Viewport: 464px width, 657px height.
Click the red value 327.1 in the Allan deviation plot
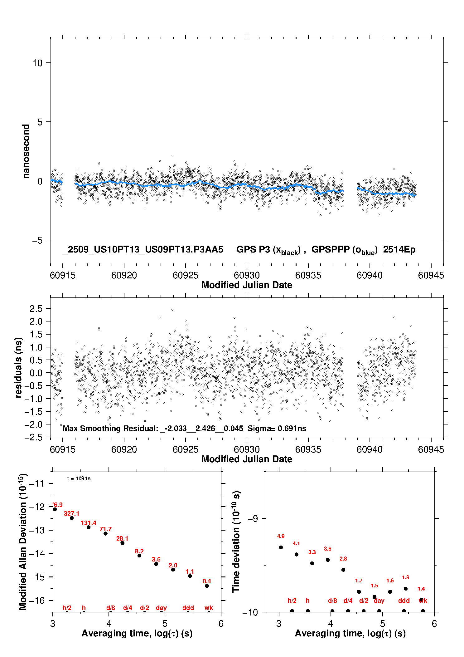(71, 513)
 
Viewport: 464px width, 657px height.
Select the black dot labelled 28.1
(122, 543)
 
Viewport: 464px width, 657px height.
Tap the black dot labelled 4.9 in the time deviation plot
(281, 547)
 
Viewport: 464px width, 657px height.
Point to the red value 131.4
(89, 523)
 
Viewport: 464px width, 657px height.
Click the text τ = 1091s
(79, 479)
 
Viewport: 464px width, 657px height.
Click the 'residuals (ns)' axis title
(19, 367)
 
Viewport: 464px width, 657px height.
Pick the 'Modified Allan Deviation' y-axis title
(23, 542)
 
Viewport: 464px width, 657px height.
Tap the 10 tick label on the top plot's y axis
(37, 63)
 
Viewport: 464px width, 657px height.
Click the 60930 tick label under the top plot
(247, 275)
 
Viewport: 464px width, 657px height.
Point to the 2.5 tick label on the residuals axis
(36, 309)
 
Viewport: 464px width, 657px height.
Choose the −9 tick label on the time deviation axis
(253, 519)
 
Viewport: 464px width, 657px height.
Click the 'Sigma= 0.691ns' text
(277, 428)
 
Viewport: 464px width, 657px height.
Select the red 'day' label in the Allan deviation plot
(161, 608)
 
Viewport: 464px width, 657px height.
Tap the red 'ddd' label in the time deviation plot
(404, 601)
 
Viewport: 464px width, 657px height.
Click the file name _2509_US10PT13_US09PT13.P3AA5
(143, 249)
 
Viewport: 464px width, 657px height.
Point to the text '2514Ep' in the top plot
(399, 249)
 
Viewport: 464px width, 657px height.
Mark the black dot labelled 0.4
(207, 586)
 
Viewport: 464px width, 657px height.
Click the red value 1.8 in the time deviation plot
(405, 577)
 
